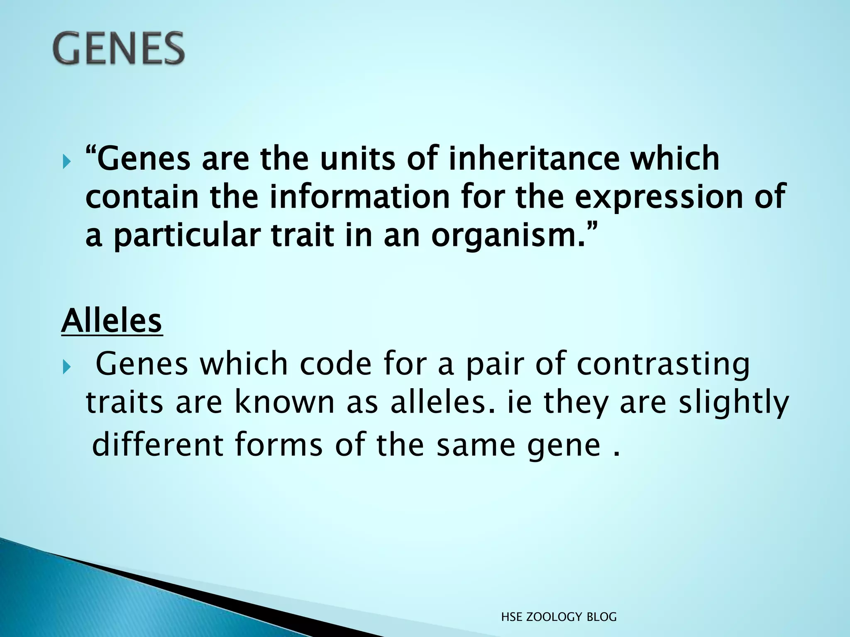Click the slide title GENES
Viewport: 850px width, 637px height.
pyautogui.click(x=119, y=49)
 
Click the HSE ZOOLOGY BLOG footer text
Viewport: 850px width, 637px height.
pyautogui.click(x=559, y=617)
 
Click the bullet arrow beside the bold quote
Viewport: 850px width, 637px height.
pyautogui.click(x=67, y=161)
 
